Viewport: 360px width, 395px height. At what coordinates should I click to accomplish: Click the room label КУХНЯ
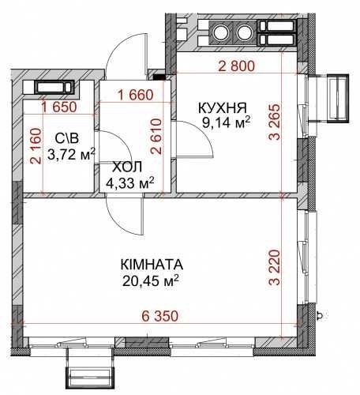pyautogui.click(x=223, y=107)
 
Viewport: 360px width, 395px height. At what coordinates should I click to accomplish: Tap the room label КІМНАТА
pyautogui.click(x=152, y=265)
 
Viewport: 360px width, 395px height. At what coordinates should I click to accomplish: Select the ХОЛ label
pyautogui.click(x=127, y=167)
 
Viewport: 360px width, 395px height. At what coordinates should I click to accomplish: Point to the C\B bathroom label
pyautogui.click(x=67, y=138)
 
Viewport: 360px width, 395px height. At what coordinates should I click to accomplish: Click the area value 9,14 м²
pyautogui.click(x=226, y=122)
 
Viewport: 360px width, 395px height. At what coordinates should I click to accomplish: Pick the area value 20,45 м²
pyautogui.click(x=151, y=280)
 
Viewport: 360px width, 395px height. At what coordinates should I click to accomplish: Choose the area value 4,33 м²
pyautogui.click(x=129, y=182)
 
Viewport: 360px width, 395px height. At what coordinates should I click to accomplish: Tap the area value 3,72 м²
pyautogui.click(x=71, y=154)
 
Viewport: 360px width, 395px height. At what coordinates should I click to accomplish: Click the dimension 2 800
pyautogui.click(x=237, y=66)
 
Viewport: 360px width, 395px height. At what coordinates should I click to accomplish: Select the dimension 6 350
pyautogui.click(x=160, y=316)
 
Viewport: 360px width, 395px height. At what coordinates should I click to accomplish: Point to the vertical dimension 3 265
pyautogui.click(x=274, y=122)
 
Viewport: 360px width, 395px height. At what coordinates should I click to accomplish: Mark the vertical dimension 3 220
pyautogui.click(x=274, y=268)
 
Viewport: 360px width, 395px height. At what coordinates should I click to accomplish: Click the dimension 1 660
pyautogui.click(x=136, y=95)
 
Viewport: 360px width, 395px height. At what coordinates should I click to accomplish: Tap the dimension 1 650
pyautogui.click(x=59, y=107)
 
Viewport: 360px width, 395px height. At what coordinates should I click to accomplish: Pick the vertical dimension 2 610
pyautogui.click(x=156, y=136)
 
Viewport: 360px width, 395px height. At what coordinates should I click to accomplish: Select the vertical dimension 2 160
pyautogui.click(x=36, y=146)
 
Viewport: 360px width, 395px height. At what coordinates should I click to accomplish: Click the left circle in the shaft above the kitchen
pyautogui.click(x=221, y=33)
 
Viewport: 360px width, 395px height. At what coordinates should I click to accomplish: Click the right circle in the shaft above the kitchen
pyautogui.click(x=245, y=33)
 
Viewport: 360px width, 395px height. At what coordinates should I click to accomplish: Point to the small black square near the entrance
pyautogui.click(x=159, y=77)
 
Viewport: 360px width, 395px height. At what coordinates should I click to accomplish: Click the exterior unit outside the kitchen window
pyautogui.click(x=337, y=98)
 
